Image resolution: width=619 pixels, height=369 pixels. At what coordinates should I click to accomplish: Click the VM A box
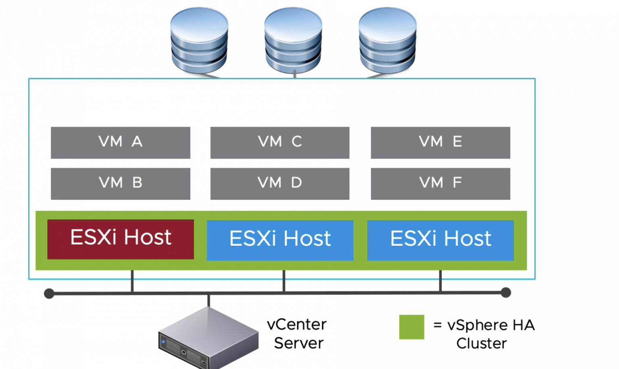pos(120,143)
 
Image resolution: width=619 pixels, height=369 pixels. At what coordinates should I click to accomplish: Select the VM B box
pos(120,184)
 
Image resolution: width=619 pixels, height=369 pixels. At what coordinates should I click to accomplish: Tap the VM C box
pos(280,143)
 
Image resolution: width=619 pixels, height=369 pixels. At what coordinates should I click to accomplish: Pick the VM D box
pos(280,184)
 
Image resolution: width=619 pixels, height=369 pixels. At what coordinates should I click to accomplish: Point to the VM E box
pos(440,143)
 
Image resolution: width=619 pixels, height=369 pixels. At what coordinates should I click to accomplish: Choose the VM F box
pos(440,184)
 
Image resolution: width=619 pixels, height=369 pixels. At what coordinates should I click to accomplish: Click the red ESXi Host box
pos(120,239)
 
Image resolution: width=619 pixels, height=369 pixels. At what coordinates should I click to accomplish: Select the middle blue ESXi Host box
pos(280,240)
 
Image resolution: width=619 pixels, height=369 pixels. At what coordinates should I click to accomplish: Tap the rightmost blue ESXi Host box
pos(440,240)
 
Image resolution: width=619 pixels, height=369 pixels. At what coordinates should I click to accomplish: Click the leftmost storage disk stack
pos(199,40)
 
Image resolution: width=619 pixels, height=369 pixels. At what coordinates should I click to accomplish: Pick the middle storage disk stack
pos(293,40)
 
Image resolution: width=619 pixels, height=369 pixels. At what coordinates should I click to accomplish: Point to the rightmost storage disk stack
pos(387,40)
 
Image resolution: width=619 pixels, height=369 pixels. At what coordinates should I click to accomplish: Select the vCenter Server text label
pos(297,334)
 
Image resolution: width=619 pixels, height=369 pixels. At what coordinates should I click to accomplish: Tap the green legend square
pos(411,327)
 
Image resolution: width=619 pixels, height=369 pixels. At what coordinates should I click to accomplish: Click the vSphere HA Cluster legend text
pos(484,334)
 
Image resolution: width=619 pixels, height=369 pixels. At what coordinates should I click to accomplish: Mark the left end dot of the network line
pos(49,293)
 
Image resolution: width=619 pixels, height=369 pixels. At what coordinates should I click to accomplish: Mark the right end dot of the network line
pos(506,293)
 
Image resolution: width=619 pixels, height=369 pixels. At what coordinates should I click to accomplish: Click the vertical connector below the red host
pos(132,281)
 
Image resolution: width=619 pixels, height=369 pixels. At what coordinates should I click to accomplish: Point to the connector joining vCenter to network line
pos(208,301)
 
